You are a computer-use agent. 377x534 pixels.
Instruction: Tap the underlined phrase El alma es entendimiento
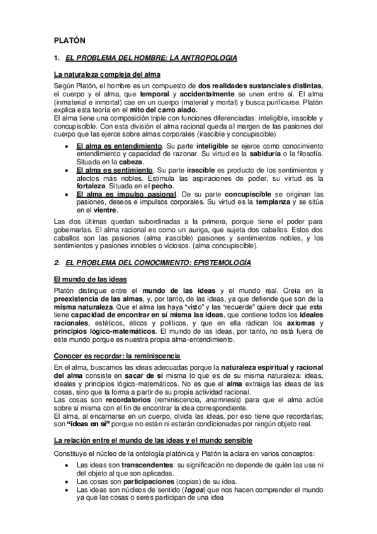pyautogui.click(x=116, y=145)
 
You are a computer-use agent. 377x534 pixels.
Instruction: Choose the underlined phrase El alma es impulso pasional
pyautogui.click(x=126, y=195)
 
